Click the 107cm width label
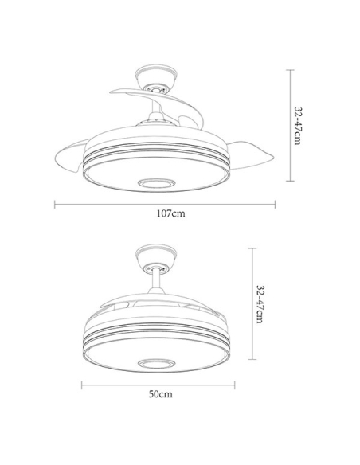tap(170, 213)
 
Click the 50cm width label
tap(160, 394)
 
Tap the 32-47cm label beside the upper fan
tap(298, 126)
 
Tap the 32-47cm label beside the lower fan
tap(260, 304)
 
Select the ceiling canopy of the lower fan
tap(156, 256)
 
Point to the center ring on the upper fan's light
tap(156, 183)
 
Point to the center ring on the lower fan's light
tap(156, 364)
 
